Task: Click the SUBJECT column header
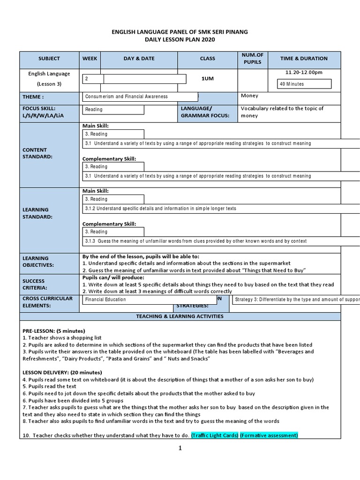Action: pos(49,59)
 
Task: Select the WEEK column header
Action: pos(90,59)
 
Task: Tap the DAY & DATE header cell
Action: pos(139,59)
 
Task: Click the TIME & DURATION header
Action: pos(304,59)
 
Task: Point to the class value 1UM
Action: pos(207,79)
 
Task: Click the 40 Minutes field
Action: pos(304,84)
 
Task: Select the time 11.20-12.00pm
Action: pos(304,72)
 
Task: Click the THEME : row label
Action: pos(33,97)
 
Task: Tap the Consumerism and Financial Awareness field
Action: pos(140,97)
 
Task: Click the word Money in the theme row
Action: pos(249,96)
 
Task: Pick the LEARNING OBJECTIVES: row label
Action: pos(38,262)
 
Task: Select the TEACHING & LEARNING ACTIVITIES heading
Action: pos(180,316)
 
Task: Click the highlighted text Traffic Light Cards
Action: pos(214,435)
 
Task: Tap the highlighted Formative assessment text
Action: pos(269,435)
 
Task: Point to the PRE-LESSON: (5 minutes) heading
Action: pos(54,330)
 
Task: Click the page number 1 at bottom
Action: pos(180,448)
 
